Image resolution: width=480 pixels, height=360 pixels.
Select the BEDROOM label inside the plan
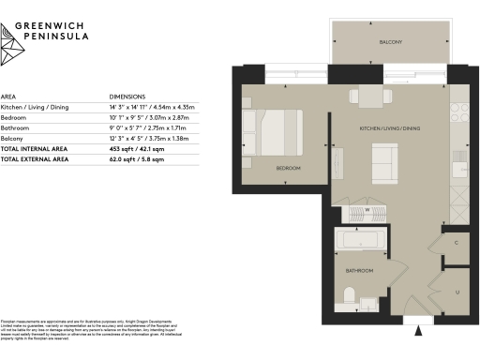coord(288,169)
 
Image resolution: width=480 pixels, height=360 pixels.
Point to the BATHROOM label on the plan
coord(360,271)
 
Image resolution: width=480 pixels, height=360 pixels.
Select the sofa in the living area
coord(385,163)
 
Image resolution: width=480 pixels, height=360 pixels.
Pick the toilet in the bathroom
coord(348,297)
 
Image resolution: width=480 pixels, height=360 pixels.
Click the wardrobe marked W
coord(367,210)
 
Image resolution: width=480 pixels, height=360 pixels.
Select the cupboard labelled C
coord(456,243)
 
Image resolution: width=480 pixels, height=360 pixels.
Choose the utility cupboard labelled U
coord(456,292)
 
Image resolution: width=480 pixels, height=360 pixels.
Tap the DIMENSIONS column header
coord(127,97)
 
